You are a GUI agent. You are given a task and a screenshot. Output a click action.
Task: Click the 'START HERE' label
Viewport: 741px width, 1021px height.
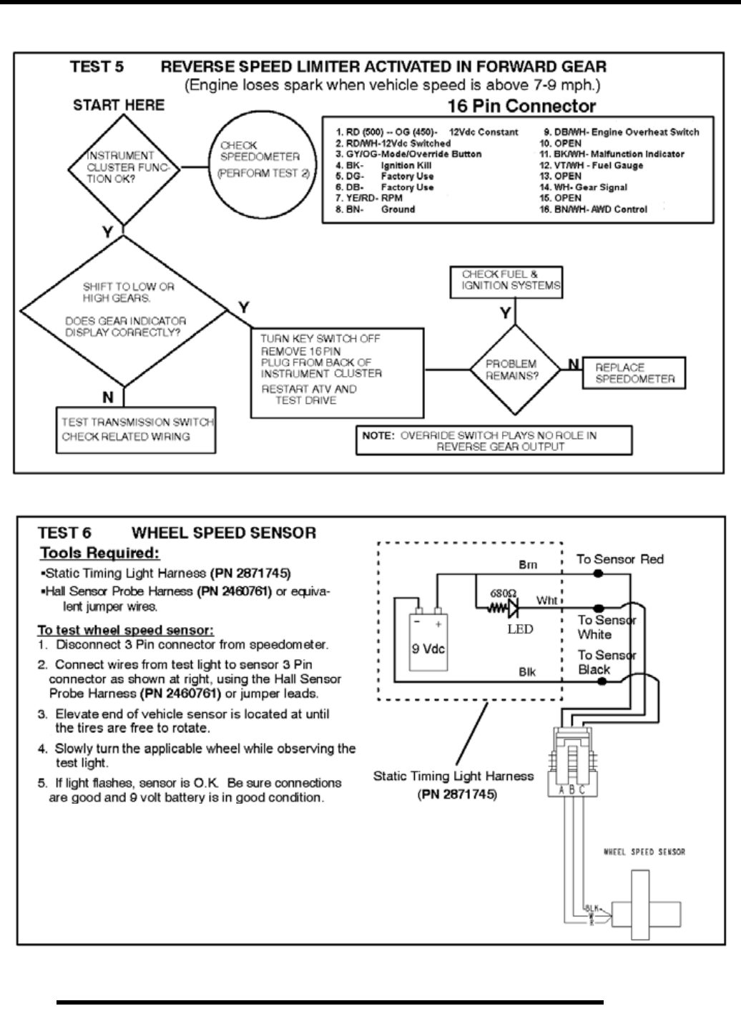click(118, 105)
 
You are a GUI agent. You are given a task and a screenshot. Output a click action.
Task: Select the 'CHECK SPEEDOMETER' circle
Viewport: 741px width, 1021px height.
click(260, 162)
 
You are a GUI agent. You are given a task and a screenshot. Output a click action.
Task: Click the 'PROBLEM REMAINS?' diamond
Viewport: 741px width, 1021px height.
click(511, 370)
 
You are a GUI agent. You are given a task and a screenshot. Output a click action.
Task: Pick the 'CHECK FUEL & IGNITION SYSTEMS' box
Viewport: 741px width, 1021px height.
click(506, 281)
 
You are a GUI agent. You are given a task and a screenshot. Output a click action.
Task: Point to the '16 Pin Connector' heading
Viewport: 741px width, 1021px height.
click(521, 107)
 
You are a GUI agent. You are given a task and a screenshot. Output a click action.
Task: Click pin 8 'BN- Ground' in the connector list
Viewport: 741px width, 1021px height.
click(376, 209)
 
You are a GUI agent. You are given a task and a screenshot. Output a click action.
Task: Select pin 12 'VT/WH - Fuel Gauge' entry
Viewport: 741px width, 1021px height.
click(591, 165)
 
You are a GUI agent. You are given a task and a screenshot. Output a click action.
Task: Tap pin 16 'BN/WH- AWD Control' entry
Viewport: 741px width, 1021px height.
click(593, 209)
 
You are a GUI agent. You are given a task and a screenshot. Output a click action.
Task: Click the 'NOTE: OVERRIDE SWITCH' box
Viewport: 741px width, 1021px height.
click(494, 440)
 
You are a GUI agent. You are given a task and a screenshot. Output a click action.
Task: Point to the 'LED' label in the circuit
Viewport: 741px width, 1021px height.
click(520, 629)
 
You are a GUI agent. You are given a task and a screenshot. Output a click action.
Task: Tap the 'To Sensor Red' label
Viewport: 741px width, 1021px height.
click(620, 559)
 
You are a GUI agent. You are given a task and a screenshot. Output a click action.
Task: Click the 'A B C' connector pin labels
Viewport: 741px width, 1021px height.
click(571, 790)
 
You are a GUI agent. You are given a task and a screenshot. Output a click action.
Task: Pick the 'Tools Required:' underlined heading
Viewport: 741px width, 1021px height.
click(99, 553)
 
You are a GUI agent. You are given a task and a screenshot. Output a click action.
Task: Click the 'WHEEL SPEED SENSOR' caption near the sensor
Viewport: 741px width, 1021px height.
click(644, 852)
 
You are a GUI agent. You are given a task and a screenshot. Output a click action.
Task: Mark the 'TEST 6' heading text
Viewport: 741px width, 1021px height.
click(64, 533)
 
